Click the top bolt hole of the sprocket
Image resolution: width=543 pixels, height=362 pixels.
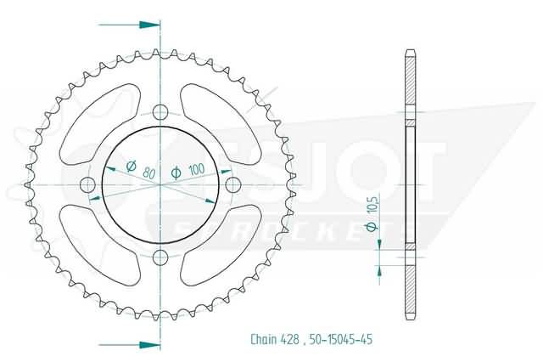pyautogui.click(x=160, y=111)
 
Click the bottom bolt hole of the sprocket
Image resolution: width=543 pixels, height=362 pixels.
pyautogui.click(x=160, y=257)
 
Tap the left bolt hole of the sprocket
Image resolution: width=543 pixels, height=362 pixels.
pyautogui.click(x=87, y=184)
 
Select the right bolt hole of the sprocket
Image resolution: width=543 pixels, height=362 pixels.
pyautogui.click(x=232, y=184)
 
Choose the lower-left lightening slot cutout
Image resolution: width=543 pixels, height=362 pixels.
pyautogui.click(x=100, y=246)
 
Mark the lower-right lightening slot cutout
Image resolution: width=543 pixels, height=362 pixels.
pyautogui.click(x=220, y=246)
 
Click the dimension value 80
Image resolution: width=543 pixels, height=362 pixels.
pyautogui.click(x=149, y=173)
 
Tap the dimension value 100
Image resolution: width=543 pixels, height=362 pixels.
pyautogui.click(x=196, y=170)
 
